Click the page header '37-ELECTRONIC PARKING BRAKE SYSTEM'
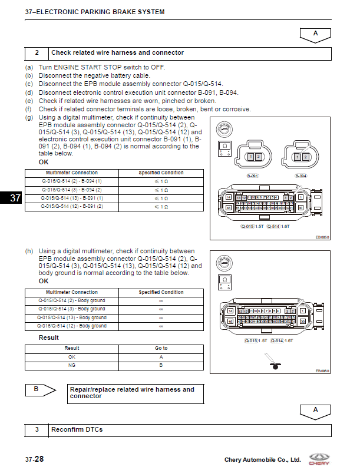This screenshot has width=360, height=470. (94, 12)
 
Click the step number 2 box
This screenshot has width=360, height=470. (37, 53)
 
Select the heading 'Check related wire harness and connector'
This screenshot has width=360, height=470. (117, 53)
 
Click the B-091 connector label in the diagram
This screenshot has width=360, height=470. (253, 176)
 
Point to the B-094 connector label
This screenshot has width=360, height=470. (300, 176)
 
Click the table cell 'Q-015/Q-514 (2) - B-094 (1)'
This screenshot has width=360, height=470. (71, 181)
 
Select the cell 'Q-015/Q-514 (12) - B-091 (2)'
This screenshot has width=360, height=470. (71, 207)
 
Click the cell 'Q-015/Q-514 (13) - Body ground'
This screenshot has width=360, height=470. (71, 317)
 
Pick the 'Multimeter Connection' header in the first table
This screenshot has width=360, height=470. (71, 173)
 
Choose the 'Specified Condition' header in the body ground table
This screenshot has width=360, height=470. (161, 292)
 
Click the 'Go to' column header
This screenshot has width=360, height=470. (161, 348)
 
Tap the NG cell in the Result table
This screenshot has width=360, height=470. (72, 365)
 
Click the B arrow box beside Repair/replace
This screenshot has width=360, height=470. (40, 389)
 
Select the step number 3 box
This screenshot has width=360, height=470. (37, 430)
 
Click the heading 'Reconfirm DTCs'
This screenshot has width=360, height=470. (77, 430)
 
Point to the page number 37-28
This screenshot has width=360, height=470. (34, 459)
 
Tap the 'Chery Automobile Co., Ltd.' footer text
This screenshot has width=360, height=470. (262, 459)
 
